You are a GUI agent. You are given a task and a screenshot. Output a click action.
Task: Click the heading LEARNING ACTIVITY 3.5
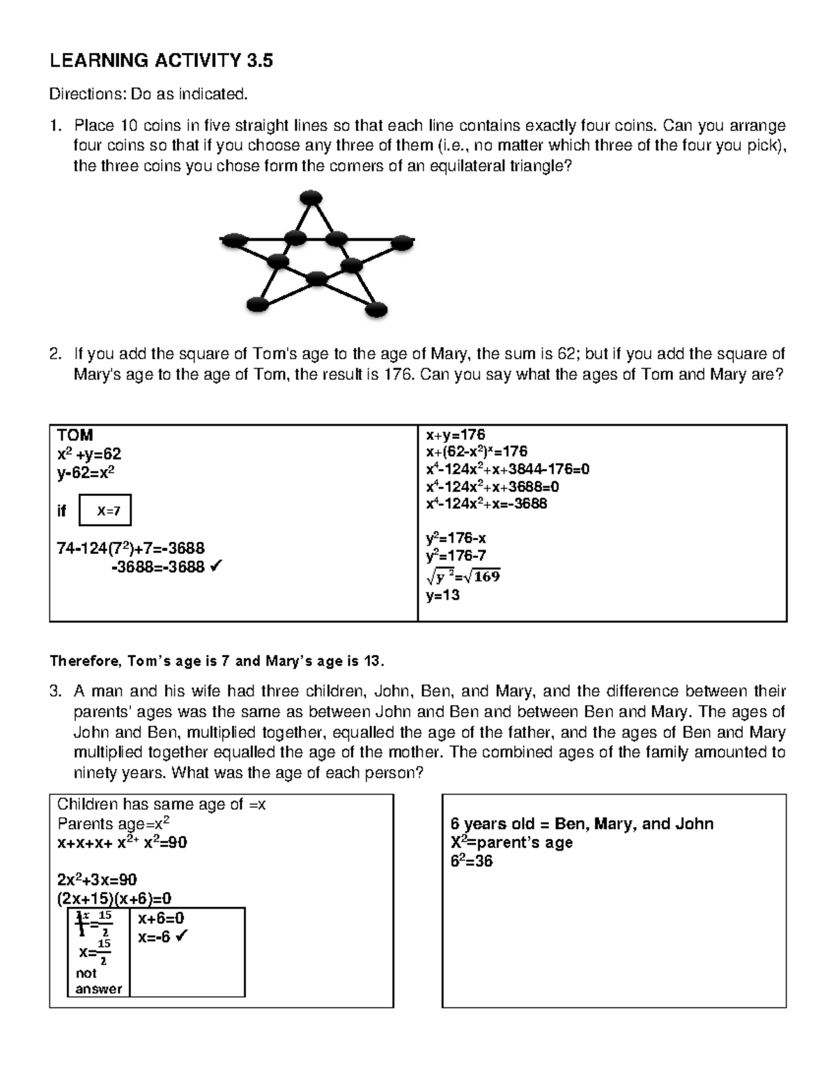pyautogui.click(x=161, y=61)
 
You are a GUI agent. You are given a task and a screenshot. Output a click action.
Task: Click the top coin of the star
pyautogui.click(x=310, y=198)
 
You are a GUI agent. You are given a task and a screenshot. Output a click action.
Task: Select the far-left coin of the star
pyautogui.click(x=235, y=241)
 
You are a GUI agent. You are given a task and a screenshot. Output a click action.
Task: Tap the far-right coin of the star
pyautogui.click(x=401, y=242)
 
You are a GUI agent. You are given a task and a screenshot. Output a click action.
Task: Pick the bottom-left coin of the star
pyautogui.click(x=258, y=304)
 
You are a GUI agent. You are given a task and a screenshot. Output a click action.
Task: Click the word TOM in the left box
pyautogui.click(x=75, y=435)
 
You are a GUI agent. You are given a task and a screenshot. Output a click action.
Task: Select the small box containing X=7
pyautogui.click(x=105, y=510)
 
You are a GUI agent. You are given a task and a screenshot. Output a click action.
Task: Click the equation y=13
pyautogui.click(x=443, y=596)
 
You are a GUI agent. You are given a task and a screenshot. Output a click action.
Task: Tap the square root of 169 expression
pyautogui.click(x=463, y=576)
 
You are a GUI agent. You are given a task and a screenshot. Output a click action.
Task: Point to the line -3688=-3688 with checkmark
pyautogui.click(x=166, y=568)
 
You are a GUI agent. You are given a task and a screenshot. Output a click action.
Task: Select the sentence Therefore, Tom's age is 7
pyautogui.click(x=216, y=660)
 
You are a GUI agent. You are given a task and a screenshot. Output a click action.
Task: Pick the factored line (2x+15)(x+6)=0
pyautogui.click(x=114, y=899)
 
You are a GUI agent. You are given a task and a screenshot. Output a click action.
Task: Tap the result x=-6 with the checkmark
pyautogui.click(x=163, y=938)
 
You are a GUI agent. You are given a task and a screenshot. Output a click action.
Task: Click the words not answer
pyautogui.click(x=98, y=981)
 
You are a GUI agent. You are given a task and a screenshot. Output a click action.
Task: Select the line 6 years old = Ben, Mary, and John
pyautogui.click(x=582, y=824)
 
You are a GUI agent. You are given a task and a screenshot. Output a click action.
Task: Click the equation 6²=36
pyautogui.click(x=472, y=862)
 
